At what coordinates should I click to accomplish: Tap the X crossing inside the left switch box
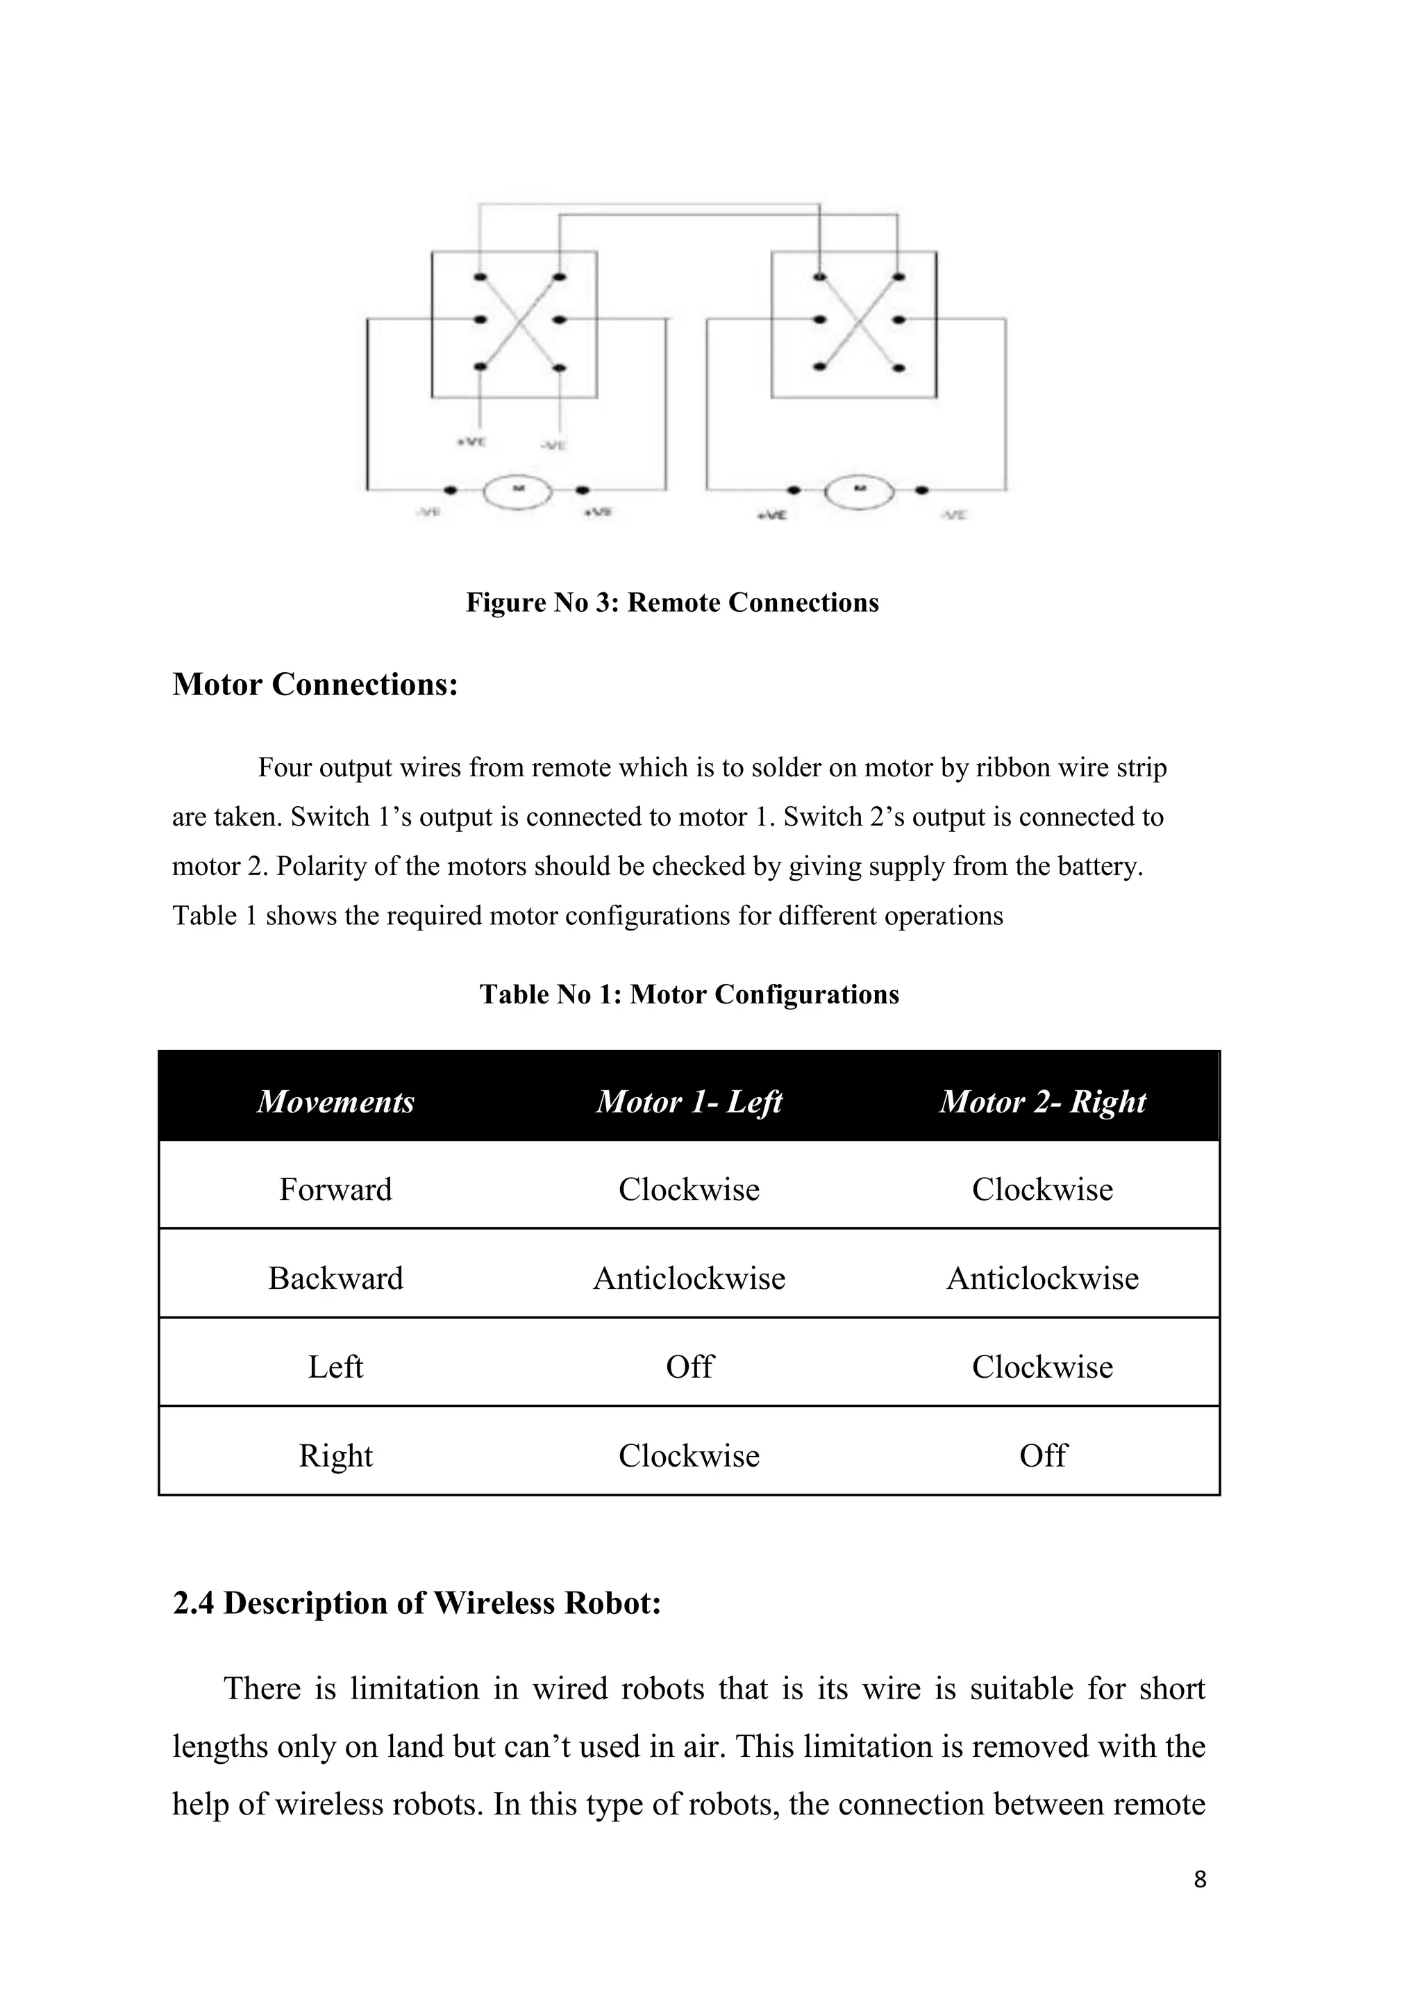520,322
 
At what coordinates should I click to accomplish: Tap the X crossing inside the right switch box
859,322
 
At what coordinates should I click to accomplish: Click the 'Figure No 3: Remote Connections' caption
671,603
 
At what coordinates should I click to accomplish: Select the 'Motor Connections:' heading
315,685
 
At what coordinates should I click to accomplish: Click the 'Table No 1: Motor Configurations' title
689,994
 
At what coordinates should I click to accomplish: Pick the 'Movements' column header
335,1101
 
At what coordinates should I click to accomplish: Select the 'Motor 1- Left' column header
689,1101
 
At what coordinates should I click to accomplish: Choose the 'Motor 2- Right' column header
1042,1101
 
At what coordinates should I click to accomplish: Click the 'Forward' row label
335,1190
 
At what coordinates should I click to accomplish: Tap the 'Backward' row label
335,1278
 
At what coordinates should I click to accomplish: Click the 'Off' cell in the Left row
689,1367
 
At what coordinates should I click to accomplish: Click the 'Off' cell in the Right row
1042,1455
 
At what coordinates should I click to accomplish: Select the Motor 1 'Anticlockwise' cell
689,1278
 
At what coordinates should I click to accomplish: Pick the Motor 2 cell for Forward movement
1042,1190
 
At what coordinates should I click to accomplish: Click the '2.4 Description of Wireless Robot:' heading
417,1603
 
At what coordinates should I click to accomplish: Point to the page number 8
1200,1879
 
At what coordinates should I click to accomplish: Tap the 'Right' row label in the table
335,1455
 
